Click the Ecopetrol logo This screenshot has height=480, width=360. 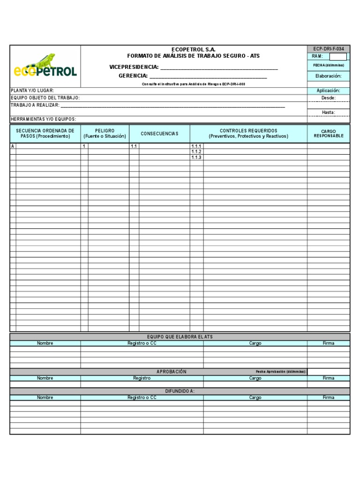[45, 66]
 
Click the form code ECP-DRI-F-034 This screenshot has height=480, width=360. [328, 49]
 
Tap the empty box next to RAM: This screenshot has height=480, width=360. [338, 56]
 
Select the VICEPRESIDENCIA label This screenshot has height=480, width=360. [134, 67]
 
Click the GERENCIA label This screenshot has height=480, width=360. [133, 75]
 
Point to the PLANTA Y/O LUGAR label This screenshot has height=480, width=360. [32, 90]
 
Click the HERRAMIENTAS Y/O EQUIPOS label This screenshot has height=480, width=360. [43, 120]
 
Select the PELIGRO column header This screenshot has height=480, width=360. [105, 134]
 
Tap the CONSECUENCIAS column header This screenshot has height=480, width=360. [159, 134]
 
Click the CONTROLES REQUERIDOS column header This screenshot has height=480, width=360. [248, 134]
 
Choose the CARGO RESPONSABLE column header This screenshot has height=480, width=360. [328, 134]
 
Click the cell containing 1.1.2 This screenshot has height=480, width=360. [196, 152]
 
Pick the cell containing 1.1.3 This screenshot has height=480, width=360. [196, 157]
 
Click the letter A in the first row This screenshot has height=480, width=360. [13, 146]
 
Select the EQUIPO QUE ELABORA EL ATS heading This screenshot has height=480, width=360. [180, 337]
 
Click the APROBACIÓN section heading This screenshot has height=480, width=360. [171, 372]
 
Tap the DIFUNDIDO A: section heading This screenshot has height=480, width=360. [180, 391]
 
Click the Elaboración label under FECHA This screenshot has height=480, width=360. [328, 76]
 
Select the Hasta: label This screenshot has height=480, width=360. [328, 112]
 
